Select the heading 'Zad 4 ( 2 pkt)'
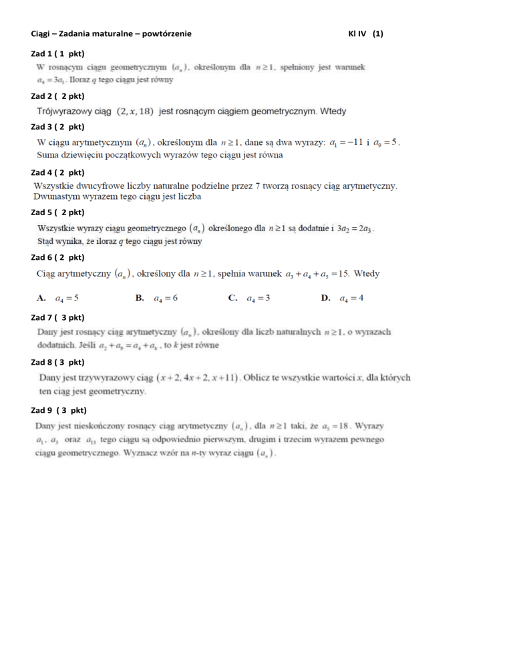tap(57, 172)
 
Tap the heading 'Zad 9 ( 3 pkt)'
tap(59, 409)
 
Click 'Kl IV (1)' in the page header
tap(366, 33)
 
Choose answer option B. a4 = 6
tap(156, 298)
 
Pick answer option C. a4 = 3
tap(248, 298)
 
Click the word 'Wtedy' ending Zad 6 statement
tap(367, 273)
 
